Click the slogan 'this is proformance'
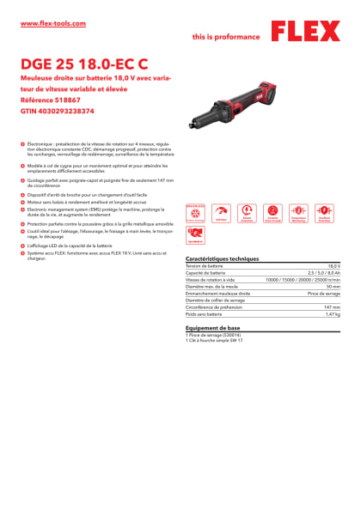click(225, 38)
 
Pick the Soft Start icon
click(221, 211)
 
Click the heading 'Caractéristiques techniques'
click(222, 258)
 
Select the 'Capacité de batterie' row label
click(205, 274)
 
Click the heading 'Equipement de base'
click(211, 329)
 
